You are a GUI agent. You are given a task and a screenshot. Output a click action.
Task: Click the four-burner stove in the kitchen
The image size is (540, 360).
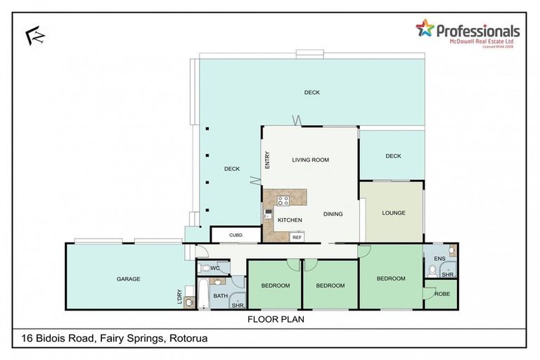[284, 200]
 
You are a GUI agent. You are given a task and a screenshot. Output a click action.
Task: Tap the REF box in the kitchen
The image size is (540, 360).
[297, 238]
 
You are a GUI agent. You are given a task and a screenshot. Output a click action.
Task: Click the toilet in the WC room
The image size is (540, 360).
[203, 268]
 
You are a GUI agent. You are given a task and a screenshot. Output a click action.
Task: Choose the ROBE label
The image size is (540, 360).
[442, 295]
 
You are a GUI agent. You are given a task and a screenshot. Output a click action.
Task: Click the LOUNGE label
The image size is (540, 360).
[392, 213]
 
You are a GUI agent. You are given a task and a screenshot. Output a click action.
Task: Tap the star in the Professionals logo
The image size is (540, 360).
[425, 29]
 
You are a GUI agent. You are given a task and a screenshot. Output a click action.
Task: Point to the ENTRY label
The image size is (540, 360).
[268, 161]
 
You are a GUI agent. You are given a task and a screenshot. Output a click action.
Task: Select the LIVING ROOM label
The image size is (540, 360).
[310, 160]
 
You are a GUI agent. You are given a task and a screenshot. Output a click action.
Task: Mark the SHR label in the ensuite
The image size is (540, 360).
[447, 274]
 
